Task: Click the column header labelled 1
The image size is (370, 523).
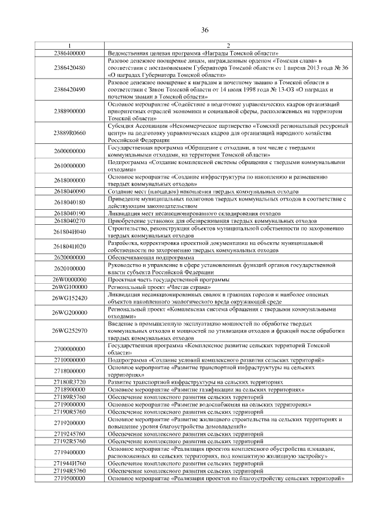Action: pyautogui.click(x=69, y=46)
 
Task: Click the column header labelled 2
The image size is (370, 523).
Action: pyautogui.click(x=228, y=46)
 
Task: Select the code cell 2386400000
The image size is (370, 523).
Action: pyautogui.click(x=69, y=53)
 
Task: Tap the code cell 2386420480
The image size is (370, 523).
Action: pyautogui.click(x=69, y=68)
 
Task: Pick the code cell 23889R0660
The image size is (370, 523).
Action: pyautogui.click(x=69, y=133)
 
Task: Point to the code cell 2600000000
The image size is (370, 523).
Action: pyautogui.click(x=69, y=151)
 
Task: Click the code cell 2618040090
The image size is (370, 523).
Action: pyautogui.click(x=69, y=191)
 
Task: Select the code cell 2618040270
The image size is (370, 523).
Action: pyautogui.click(x=69, y=220)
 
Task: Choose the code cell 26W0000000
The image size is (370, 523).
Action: pyautogui.click(x=69, y=280)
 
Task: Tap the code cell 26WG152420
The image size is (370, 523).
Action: pyautogui.click(x=69, y=298)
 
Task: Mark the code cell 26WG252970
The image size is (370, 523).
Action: pyautogui.click(x=69, y=331)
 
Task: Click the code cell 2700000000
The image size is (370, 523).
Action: pyautogui.click(x=69, y=349)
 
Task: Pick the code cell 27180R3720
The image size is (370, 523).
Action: pyautogui.click(x=69, y=383)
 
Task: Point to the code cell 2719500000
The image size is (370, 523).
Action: pyautogui.click(x=69, y=479)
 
